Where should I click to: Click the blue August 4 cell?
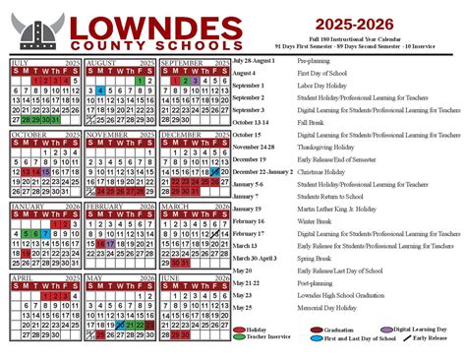[x=100, y=90]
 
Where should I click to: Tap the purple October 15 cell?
[x=44, y=170]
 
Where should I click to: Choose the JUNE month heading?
[x=174, y=279]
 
